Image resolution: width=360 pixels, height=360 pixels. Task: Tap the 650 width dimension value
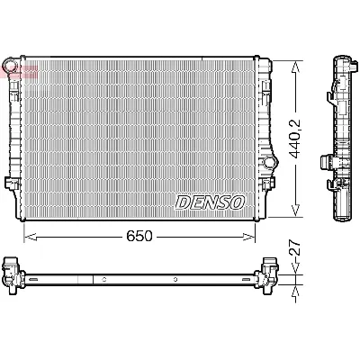tap(139, 236)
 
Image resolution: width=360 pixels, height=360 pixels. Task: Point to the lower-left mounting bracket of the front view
tap(12, 184)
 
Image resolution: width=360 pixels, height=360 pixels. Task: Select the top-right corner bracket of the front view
tap(264, 64)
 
